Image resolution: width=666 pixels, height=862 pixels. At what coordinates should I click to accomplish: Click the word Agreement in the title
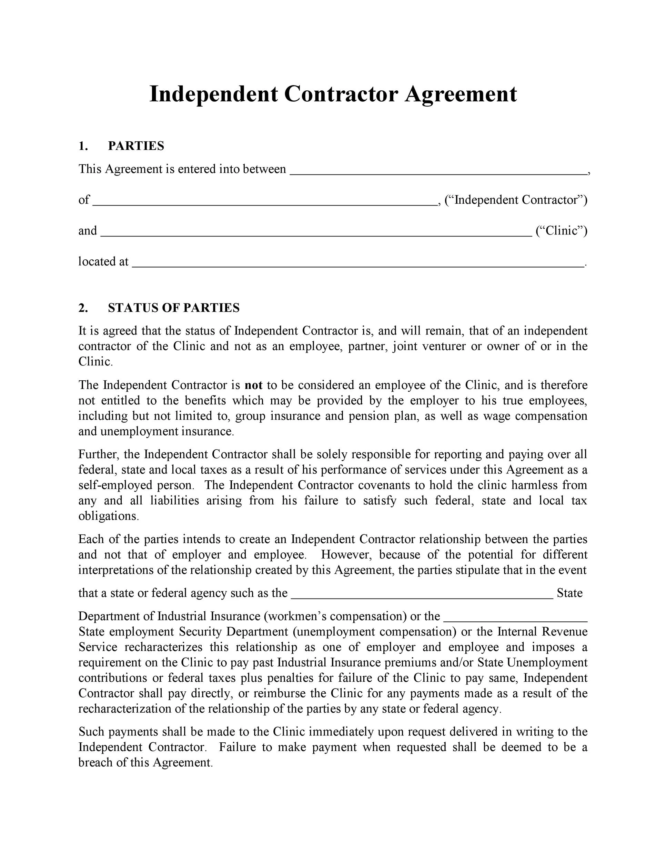[461, 95]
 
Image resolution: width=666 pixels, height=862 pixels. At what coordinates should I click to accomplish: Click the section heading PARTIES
[136, 146]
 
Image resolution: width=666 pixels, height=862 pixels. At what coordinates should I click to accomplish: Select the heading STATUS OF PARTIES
[174, 308]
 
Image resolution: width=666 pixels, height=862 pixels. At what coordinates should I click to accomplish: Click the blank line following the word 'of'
[265, 203]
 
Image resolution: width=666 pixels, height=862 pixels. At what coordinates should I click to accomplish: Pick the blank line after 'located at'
[357, 265]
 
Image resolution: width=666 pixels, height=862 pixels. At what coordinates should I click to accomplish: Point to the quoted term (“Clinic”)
[561, 230]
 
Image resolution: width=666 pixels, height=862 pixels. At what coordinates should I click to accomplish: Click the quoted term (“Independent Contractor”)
[516, 200]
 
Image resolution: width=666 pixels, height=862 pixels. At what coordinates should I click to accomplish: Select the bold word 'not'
[253, 385]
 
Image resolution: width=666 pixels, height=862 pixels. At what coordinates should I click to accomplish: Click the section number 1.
[83, 146]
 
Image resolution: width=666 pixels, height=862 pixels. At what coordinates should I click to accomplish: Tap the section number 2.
[83, 308]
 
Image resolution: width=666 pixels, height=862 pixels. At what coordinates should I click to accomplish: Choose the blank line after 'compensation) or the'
[516, 619]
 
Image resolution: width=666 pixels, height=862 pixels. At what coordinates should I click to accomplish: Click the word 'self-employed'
[115, 485]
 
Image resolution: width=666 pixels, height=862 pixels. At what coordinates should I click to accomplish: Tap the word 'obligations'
[108, 516]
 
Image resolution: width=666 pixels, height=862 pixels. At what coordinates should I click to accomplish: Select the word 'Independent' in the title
[213, 95]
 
